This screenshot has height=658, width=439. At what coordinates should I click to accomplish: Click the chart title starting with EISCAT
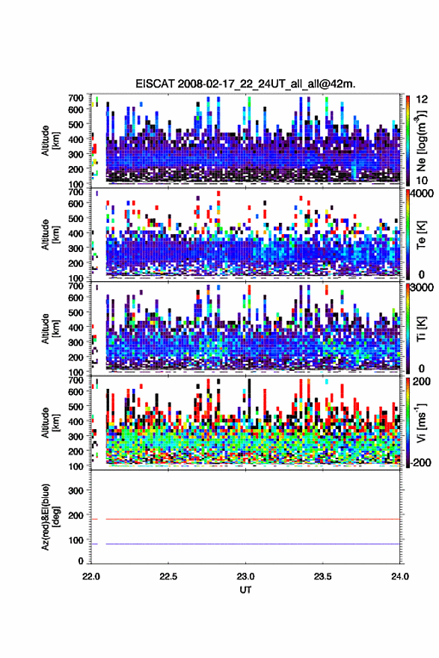click(245, 84)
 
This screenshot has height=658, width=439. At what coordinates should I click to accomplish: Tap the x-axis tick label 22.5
click(168, 576)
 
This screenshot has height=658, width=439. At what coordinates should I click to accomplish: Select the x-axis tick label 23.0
click(245, 576)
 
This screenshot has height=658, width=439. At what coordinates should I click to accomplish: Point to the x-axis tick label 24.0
click(400, 576)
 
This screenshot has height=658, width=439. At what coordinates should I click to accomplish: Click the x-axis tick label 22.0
click(91, 576)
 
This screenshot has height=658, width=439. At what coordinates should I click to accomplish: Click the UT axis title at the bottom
click(245, 590)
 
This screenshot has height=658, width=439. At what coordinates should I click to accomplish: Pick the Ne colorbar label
click(421, 141)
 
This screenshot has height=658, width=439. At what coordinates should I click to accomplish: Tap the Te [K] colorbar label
click(421, 235)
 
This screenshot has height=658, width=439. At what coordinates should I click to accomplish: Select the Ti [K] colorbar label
click(421, 329)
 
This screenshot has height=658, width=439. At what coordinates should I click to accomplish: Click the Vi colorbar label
click(421, 422)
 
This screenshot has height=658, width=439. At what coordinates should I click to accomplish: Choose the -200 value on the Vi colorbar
click(421, 462)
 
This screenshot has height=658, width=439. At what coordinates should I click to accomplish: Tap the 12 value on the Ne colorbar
click(422, 99)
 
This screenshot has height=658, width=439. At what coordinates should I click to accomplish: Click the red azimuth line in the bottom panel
click(253, 519)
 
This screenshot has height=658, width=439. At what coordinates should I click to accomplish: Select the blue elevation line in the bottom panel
click(253, 544)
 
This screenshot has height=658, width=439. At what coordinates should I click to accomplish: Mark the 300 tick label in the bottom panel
click(76, 491)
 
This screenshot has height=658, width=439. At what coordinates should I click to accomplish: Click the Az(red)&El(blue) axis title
click(50, 517)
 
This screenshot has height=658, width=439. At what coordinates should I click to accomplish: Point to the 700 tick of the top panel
click(76, 98)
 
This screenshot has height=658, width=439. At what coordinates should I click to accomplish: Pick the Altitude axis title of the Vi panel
click(50, 422)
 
